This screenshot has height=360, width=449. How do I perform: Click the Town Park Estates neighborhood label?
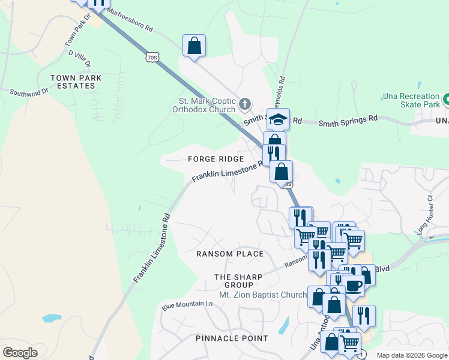(x=76, y=82)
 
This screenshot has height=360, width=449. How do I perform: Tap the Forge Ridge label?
(x=215, y=159)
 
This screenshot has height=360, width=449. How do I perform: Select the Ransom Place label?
(x=230, y=254)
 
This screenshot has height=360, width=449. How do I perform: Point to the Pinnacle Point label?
(x=232, y=338)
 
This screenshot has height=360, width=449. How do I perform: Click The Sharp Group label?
(x=239, y=281)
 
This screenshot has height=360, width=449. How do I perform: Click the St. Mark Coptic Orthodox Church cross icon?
(x=244, y=104)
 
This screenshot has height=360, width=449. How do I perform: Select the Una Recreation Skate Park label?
(x=412, y=101)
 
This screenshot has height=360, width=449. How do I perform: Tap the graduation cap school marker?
(x=279, y=119)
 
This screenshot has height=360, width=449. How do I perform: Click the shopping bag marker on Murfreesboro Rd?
(x=194, y=46)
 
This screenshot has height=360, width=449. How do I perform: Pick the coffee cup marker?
(x=352, y=284)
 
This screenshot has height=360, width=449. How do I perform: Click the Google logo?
(x=20, y=353)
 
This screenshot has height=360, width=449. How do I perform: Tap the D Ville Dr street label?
(x=80, y=58)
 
